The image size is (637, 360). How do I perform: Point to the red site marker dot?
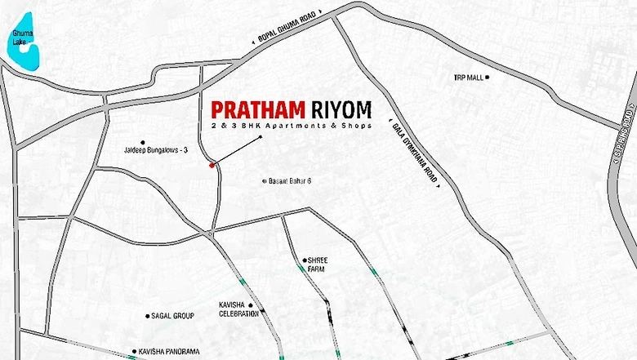coord(212,166)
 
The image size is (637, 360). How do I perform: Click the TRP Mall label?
coord(468,78)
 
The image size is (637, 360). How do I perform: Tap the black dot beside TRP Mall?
coord(488,78)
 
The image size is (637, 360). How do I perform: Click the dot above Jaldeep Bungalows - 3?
coord(143,141)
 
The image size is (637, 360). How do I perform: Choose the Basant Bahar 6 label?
coord(291,181)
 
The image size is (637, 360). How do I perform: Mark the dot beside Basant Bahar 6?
coord(264,181)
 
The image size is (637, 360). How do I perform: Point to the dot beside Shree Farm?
coord(305,260)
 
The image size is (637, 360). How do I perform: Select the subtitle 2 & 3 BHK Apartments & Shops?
coord(291,127)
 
